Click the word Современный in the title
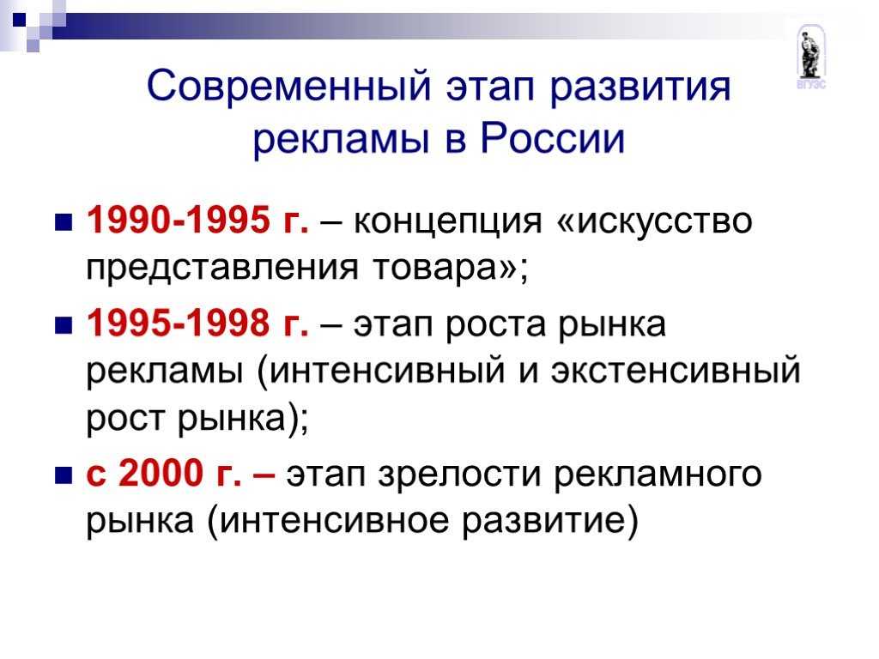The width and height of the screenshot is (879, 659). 289,87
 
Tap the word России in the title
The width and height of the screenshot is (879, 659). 552,138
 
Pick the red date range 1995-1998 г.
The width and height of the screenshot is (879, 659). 198,323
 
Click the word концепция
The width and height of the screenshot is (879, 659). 448,222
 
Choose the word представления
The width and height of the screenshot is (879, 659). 222,269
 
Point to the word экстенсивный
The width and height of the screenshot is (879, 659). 676,371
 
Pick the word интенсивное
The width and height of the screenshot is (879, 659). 334,519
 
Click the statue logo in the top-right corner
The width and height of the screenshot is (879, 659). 810,56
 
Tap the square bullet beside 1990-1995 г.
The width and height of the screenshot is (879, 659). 64,222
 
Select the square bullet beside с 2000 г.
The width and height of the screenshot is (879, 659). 64,475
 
